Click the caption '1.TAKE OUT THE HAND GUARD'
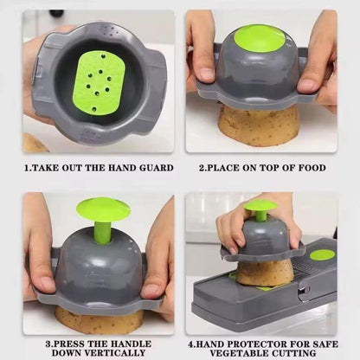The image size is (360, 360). (x=98, y=168)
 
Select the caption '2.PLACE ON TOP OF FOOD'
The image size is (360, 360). (x=263, y=168)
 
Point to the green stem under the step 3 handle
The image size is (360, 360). (x=103, y=231)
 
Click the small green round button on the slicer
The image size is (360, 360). (x=322, y=254)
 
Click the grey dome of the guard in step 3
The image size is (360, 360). (x=97, y=264)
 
